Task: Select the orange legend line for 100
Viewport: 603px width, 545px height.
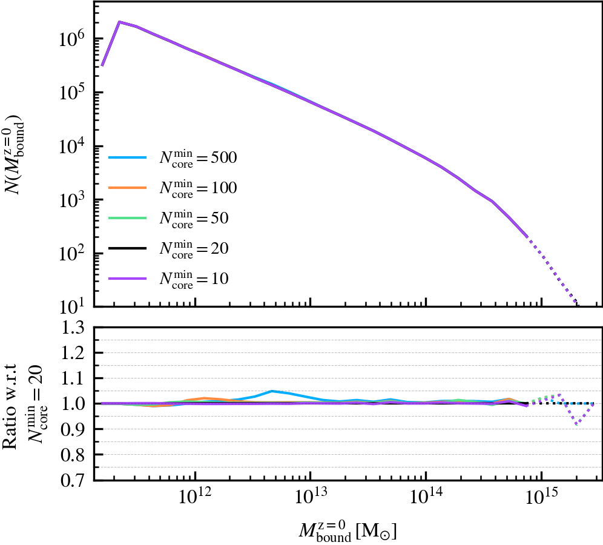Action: point(127,188)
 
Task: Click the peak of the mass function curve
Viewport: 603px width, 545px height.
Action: point(119,22)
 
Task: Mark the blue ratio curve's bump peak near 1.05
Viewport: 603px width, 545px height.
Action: point(272,391)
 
